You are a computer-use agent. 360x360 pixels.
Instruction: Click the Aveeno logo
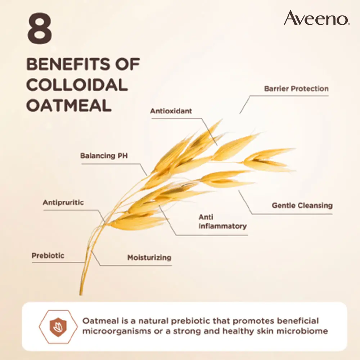pyautogui.click(x=317, y=18)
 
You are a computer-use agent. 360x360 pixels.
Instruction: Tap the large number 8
pyautogui.click(x=40, y=28)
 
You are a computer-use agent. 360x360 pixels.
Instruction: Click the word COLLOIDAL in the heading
pyautogui.click(x=77, y=85)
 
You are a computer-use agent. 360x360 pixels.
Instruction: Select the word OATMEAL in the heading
pyautogui.click(x=69, y=105)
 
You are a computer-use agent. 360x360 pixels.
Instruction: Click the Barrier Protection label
pyautogui.click(x=296, y=89)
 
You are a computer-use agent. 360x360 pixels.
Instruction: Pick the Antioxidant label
pyautogui.click(x=171, y=111)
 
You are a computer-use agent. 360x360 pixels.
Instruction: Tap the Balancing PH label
pyautogui.click(x=104, y=156)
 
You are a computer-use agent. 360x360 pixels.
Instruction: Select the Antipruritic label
pyautogui.click(x=63, y=202)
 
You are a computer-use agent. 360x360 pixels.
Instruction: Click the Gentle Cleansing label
pyautogui.click(x=302, y=205)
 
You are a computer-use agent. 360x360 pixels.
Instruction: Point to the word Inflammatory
pyautogui.click(x=223, y=226)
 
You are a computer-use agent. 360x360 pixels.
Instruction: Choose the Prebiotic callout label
pyautogui.click(x=48, y=256)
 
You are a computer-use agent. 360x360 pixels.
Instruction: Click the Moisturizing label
pyautogui.click(x=149, y=258)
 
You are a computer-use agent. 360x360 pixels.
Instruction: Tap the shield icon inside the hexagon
pyautogui.click(x=58, y=327)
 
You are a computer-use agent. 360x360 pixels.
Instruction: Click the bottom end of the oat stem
pyautogui.click(x=80, y=295)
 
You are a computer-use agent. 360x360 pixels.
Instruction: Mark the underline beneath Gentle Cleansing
pyautogui.click(x=292, y=214)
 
